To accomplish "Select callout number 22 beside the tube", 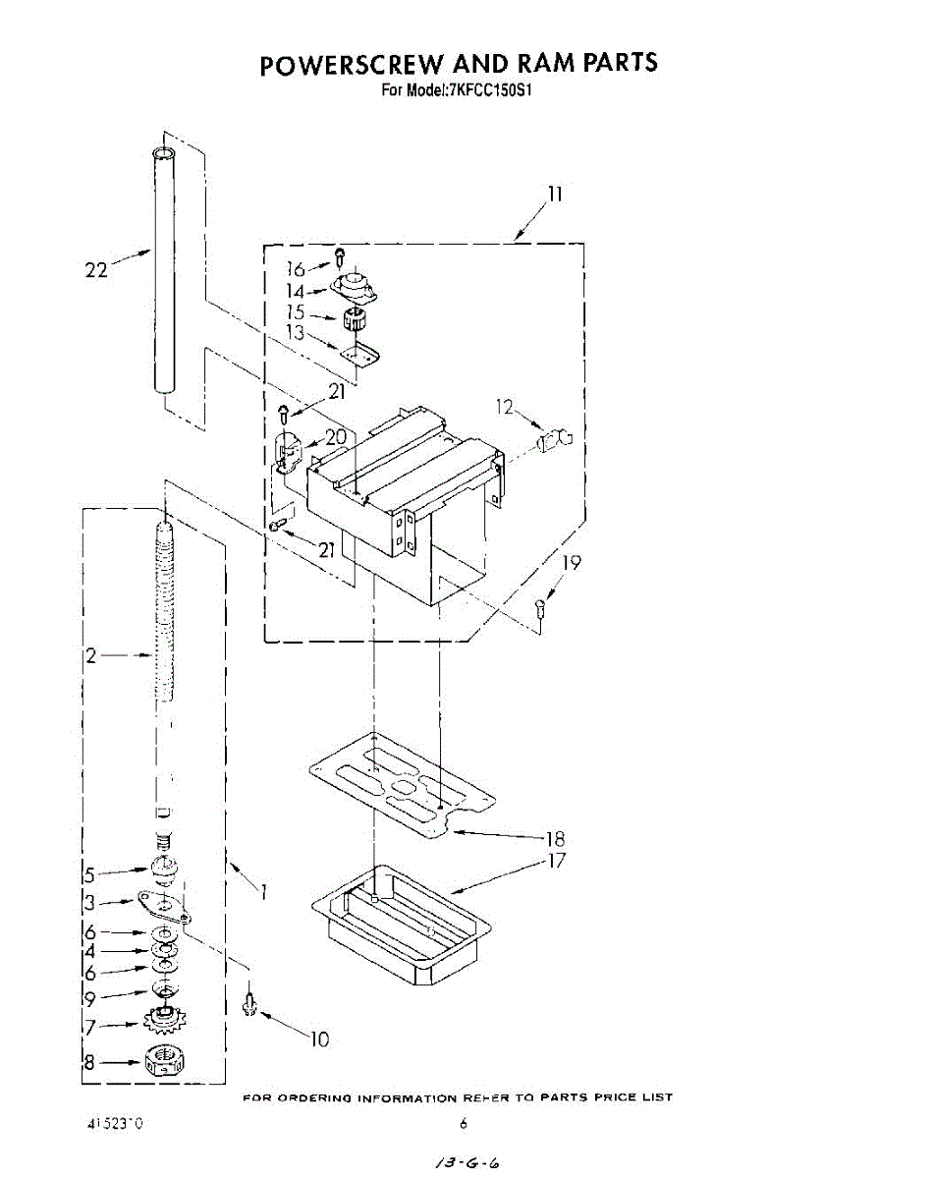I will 95,270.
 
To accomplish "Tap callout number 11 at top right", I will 555,194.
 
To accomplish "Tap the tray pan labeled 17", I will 403,924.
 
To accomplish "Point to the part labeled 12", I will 557,437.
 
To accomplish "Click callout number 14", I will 296,291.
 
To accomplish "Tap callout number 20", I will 336,437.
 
